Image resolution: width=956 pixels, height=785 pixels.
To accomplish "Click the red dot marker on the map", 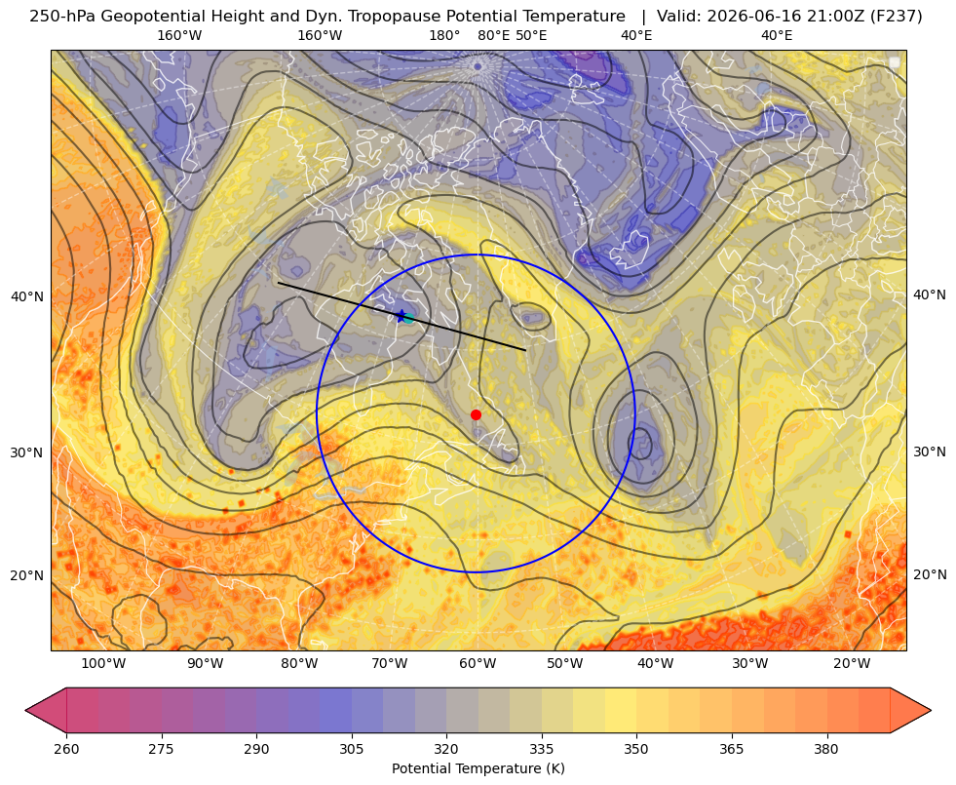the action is [476, 414].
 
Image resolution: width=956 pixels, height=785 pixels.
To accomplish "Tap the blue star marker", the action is [402, 316].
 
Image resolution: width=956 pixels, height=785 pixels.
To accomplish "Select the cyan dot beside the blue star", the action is [409, 318].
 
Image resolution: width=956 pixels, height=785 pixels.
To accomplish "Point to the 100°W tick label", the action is [103, 663].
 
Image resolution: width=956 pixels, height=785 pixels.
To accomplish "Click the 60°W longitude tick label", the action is [478, 663].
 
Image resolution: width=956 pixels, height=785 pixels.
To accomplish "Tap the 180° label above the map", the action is [444, 35].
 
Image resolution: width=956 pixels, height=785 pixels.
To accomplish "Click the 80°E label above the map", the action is [494, 35].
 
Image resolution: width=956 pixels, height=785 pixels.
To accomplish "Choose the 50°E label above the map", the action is [531, 35].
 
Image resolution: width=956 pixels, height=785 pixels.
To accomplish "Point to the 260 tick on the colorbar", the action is [66, 749].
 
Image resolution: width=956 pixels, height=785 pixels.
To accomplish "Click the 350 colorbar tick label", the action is [636, 749].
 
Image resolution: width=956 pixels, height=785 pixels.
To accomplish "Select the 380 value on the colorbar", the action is [826, 749].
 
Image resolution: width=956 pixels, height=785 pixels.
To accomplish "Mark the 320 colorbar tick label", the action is [446, 749].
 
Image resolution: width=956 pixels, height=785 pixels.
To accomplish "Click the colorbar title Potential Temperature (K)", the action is [478, 768].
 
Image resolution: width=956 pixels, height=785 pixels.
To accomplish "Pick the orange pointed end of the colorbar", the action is [910, 710].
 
